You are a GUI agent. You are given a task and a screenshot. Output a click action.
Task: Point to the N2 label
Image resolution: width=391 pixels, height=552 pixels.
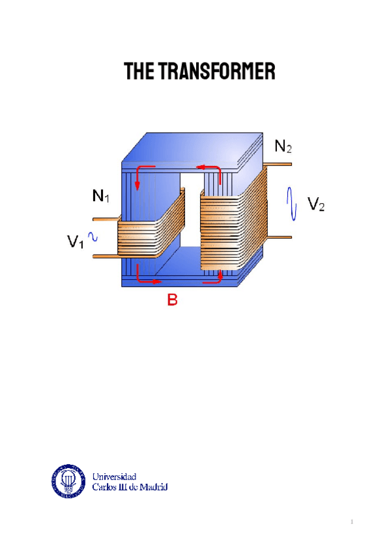point(283,147)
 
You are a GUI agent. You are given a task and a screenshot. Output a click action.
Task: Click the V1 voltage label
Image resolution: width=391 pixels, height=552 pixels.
point(76,242)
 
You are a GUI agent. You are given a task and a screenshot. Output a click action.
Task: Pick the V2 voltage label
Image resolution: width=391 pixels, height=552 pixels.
point(317,206)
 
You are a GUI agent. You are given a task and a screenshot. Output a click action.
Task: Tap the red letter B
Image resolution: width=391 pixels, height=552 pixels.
point(173,301)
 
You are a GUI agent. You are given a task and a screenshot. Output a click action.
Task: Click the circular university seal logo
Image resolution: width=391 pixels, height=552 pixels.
point(68,480)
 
